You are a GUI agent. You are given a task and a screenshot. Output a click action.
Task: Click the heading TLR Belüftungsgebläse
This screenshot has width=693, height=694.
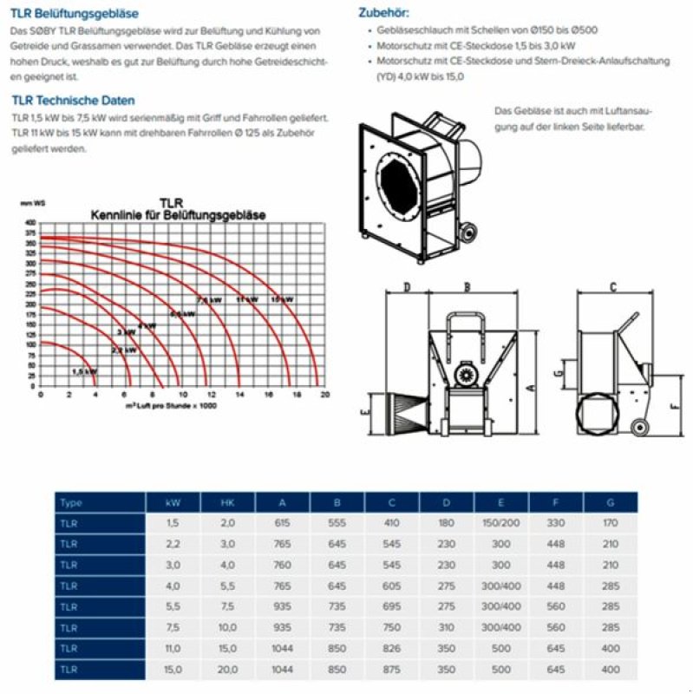(75, 14)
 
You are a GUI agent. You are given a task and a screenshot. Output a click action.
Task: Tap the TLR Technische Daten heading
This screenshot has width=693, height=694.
(74, 101)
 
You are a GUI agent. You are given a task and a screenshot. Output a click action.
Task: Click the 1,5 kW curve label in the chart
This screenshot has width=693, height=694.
(84, 370)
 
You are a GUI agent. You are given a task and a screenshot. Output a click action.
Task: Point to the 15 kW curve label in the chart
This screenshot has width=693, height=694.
(280, 299)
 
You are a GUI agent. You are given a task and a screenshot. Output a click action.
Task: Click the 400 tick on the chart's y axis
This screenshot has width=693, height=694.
(31, 223)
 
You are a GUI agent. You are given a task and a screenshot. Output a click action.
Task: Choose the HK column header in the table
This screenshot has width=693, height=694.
(228, 503)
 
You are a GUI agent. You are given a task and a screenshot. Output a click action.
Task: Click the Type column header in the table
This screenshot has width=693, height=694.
(73, 503)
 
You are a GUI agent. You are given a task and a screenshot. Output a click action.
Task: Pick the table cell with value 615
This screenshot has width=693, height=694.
(284, 523)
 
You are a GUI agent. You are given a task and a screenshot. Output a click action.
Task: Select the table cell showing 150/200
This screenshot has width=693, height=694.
(501, 523)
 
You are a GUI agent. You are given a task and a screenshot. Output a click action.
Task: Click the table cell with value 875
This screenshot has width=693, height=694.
(392, 669)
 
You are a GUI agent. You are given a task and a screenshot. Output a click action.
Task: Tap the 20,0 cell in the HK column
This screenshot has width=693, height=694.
(228, 669)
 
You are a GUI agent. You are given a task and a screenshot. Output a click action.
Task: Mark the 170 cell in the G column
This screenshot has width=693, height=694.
(611, 523)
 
